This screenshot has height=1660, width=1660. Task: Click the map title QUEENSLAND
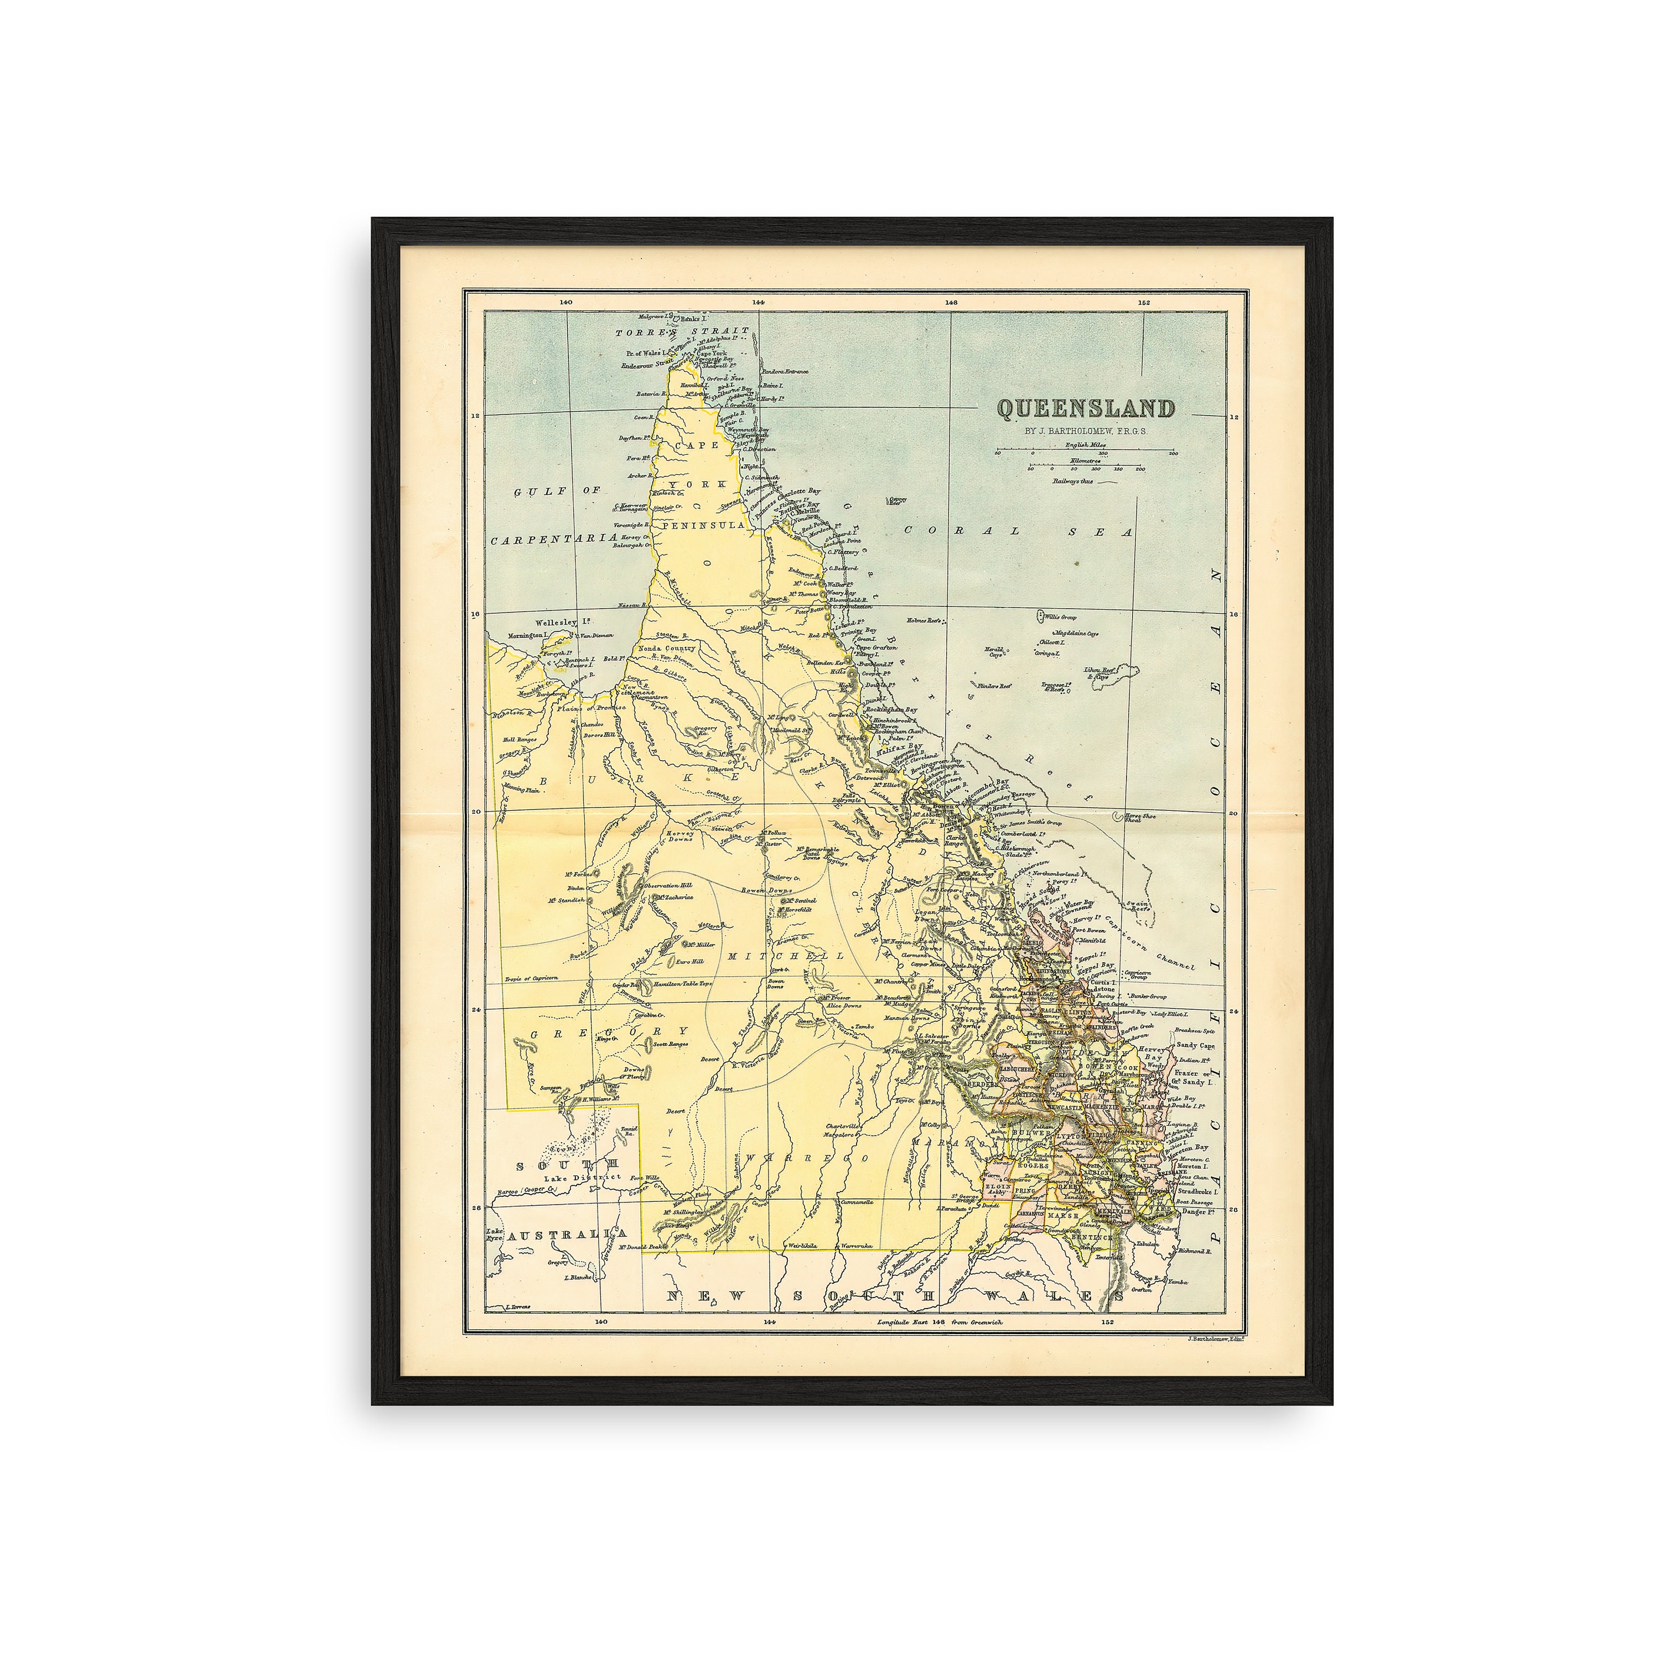pyautogui.click(x=1085, y=409)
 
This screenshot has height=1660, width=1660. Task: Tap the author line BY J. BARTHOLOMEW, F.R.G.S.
pyautogui.click(x=1085, y=432)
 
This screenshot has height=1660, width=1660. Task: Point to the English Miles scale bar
pyautogui.click(x=1086, y=451)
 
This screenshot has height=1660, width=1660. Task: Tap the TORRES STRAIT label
pyautogui.click(x=681, y=331)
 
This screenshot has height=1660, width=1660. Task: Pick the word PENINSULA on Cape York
pyautogui.click(x=703, y=524)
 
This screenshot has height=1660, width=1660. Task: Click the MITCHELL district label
pyautogui.click(x=775, y=956)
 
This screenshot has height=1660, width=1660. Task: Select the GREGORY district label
pyautogui.click(x=608, y=1032)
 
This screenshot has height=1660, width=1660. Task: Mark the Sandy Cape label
pyautogui.click(x=1195, y=1046)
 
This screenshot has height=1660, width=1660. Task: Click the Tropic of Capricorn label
pyautogui.click(x=531, y=978)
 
